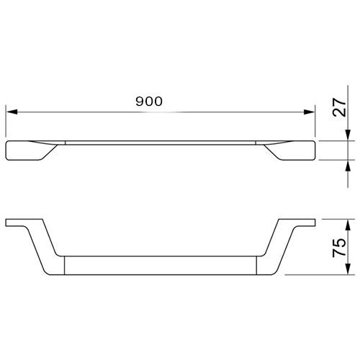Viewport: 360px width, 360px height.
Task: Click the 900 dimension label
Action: point(149,102)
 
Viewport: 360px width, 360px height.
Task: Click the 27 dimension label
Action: point(340,107)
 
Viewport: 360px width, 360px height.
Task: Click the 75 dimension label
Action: point(339,248)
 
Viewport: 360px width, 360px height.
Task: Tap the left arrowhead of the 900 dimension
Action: point(12,112)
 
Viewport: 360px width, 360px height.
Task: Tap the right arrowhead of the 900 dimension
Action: point(309,112)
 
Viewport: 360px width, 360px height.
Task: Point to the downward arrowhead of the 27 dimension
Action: point(348,135)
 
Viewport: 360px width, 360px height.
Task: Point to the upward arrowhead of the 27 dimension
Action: point(348,166)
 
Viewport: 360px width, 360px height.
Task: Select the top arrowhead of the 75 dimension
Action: point(348,225)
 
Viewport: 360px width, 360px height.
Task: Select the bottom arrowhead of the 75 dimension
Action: point(348,269)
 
